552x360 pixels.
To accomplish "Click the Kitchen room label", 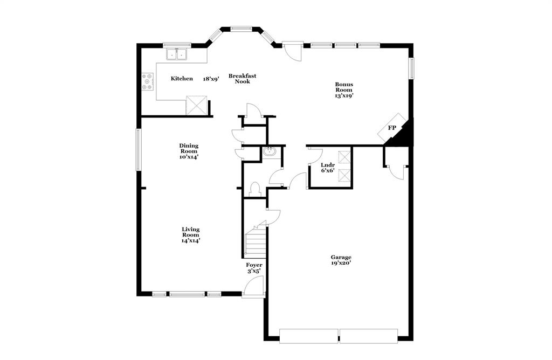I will (182, 79).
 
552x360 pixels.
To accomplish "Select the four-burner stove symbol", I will (147, 81).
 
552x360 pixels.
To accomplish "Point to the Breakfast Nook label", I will (242, 79).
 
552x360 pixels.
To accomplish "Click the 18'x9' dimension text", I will (211, 79).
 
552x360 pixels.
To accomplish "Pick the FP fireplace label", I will (392, 128).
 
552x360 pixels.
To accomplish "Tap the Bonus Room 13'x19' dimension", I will (343, 95).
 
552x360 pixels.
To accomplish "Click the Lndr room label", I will (328, 165).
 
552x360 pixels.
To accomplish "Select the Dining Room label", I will (189, 148).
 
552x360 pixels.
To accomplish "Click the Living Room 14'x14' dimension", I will (190, 241).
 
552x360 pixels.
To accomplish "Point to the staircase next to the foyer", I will (256, 243).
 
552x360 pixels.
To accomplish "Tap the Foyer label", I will (254, 265).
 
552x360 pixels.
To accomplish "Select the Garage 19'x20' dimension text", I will (341, 263).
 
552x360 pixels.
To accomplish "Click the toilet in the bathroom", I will (256, 189).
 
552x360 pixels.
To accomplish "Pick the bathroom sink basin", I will (270, 153).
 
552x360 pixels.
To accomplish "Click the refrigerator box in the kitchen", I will (197, 105).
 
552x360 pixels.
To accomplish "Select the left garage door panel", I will (309, 336).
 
